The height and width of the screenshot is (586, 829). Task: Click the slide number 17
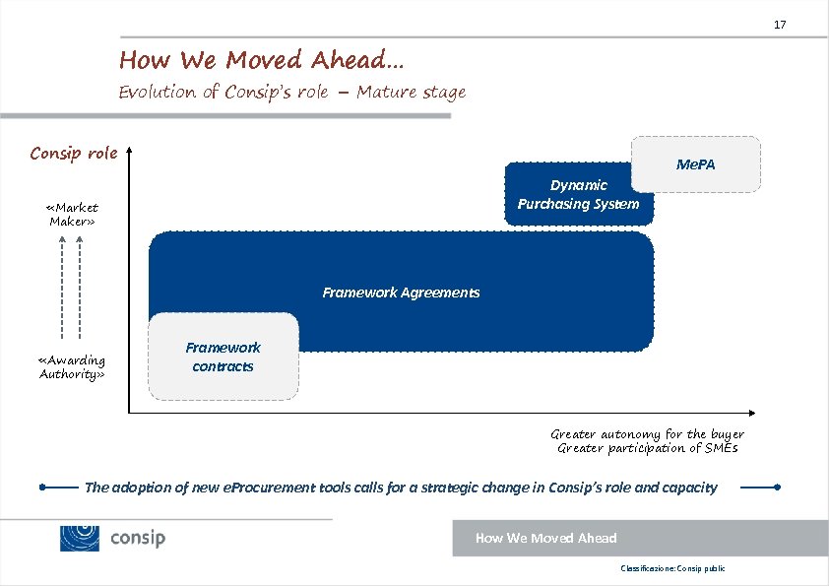[x=780, y=24]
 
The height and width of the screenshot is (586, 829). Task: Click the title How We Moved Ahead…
[x=261, y=60]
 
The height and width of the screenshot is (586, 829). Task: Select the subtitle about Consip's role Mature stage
[x=291, y=93]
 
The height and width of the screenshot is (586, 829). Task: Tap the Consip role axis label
[x=74, y=153]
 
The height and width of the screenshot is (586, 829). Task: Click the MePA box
[x=696, y=163]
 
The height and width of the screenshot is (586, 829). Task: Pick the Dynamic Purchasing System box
[x=578, y=194]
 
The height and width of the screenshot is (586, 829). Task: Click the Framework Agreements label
[x=401, y=293]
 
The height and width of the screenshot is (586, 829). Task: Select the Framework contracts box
[x=223, y=357]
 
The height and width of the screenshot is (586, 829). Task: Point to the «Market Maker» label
[x=72, y=215]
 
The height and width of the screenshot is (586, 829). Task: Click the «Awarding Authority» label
[x=72, y=366]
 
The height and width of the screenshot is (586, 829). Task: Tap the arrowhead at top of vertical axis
[x=129, y=152]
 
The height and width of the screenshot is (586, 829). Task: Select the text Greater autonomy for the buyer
[x=647, y=434]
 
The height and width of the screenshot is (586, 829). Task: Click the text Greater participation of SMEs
[x=647, y=448]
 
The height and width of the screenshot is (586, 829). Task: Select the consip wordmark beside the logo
[x=138, y=538]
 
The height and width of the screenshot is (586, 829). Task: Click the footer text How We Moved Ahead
[x=545, y=538]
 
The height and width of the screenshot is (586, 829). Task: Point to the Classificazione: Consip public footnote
[x=671, y=569]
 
